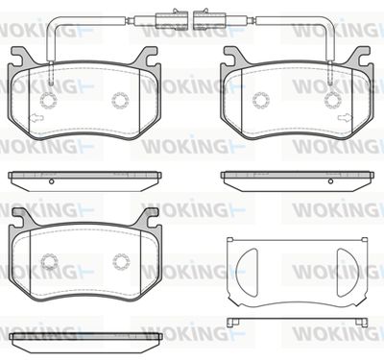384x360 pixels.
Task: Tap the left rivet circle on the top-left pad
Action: (x=49, y=100)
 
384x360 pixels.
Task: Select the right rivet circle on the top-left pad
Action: (x=120, y=100)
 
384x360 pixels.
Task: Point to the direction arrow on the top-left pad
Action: (x=36, y=118)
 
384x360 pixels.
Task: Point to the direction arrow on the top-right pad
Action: (x=345, y=118)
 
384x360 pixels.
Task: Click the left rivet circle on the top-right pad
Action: (x=261, y=100)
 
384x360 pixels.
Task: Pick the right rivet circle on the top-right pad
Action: (x=333, y=100)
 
